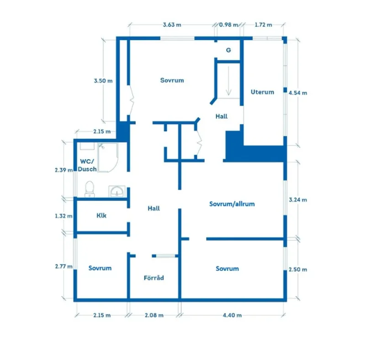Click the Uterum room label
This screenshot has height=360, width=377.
coord(262,92)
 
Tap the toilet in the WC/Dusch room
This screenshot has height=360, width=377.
coord(90,188)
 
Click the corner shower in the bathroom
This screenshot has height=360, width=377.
coord(108,156)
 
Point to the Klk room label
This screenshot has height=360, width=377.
coord(101,215)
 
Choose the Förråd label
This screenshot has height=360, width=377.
coord(154,277)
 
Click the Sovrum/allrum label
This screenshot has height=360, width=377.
coord(232,204)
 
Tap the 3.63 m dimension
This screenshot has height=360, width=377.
coord(172,25)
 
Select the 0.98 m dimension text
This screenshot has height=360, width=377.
coord(228,25)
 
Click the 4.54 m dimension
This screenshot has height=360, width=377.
coord(298,92)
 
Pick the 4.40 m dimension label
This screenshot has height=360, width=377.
coord(232,315)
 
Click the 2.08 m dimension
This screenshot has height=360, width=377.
coord(154,315)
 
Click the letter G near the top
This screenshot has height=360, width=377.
coord(228,50)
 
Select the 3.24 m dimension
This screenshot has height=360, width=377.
coord(298,200)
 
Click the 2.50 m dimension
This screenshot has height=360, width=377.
coord(298,270)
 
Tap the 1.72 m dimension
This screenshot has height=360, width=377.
coord(263,25)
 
